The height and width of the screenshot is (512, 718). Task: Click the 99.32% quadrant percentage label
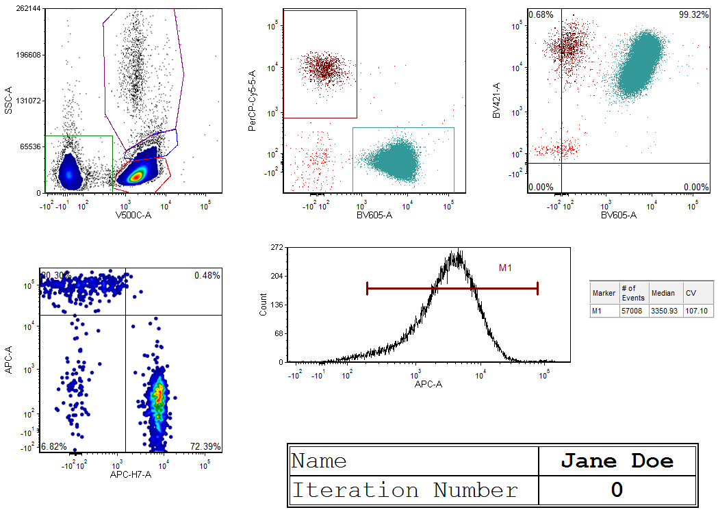tap(693, 14)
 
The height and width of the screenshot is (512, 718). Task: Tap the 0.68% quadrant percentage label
tap(541, 14)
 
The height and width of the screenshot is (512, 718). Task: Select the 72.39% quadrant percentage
tap(206, 447)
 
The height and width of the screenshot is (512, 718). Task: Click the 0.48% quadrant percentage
tap(207, 275)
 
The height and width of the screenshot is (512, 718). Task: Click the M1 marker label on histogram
tap(505, 268)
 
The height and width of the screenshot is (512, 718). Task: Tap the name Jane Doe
tap(617, 461)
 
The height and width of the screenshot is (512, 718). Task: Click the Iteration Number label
tap(405, 491)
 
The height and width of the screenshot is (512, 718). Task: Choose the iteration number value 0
tap(617, 491)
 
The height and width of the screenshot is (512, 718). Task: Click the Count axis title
tap(264, 305)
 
